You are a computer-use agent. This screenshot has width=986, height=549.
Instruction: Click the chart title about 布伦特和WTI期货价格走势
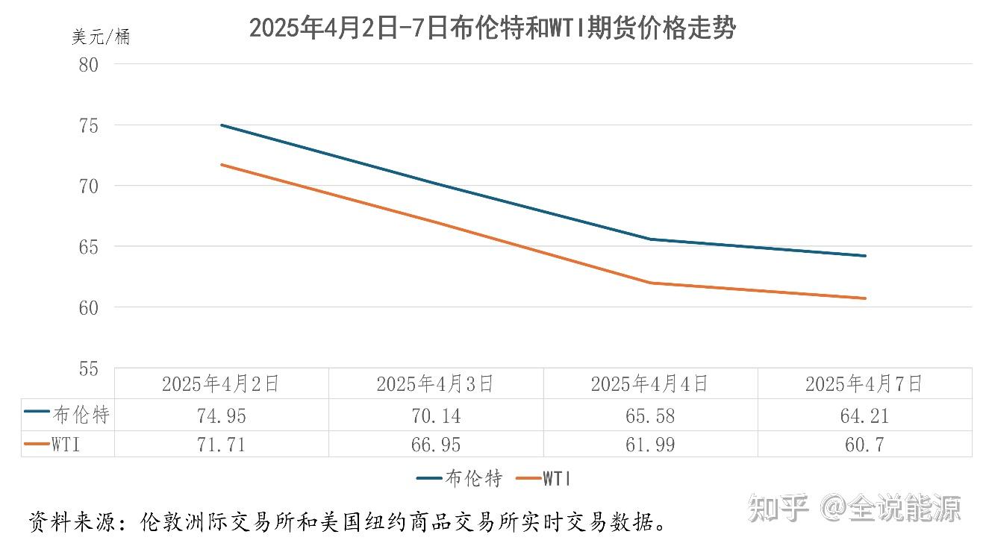pos(492,28)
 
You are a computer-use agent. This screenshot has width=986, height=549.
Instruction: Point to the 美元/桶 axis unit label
pos(101,37)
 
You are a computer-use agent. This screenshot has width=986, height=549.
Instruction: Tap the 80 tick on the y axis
pos(88,64)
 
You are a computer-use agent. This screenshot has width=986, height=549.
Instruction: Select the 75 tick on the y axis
pos(88,125)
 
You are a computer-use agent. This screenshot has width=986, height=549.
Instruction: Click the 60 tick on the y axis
pos(88,307)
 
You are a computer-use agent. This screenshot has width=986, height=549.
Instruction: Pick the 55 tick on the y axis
pos(88,368)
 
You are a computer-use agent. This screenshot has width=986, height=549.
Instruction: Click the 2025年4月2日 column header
pos(220,384)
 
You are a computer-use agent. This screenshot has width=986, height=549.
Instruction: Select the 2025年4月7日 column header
pos(864,384)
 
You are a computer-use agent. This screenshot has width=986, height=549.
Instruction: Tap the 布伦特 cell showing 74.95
pos(220,415)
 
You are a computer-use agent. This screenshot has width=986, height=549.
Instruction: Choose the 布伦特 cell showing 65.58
pos(649,415)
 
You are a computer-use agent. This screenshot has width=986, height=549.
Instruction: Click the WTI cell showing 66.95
pos(435,445)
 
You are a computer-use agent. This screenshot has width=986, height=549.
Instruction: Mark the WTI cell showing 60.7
pos(864,445)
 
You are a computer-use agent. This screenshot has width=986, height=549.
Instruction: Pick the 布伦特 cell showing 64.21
pos(864,415)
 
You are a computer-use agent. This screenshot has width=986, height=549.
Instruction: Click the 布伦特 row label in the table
pos(81,415)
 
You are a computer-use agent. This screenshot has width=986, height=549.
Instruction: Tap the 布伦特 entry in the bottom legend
pos(473,479)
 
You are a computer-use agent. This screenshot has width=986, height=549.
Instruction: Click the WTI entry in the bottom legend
pos(557,479)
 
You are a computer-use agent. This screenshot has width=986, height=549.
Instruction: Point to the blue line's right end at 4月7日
pos(864,256)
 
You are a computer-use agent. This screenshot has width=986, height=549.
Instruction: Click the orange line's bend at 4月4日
pos(650,283)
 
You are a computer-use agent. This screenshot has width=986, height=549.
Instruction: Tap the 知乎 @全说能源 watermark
pos(854,508)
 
